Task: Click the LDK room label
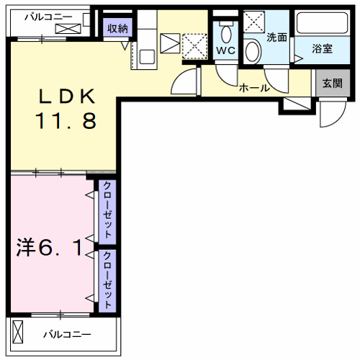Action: [x=67, y=96]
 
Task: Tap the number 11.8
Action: [x=66, y=121]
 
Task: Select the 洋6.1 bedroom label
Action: [x=50, y=248]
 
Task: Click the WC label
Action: [x=225, y=50]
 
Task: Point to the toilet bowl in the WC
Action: [x=226, y=33]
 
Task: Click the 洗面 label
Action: [x=277, y=37]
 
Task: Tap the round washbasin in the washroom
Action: [x=253, y=51]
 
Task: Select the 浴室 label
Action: [x=323, y=48]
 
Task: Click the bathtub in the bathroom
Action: [x=323, y=23]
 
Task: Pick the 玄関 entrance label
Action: [x=333, y=83]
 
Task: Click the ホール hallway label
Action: [x=254, y=89]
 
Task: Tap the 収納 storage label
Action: [x=117, y=29]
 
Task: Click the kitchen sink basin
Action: [x=147, y=57]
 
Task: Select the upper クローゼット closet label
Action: [x=107, y=210]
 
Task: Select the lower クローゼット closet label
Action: [x=107, y=280]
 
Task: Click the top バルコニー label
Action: [x=48, y=17]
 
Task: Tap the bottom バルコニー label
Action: [x=67, y=334]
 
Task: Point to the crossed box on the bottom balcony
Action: [x=18, y=332]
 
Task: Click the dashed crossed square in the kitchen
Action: [x=194, y=46]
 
